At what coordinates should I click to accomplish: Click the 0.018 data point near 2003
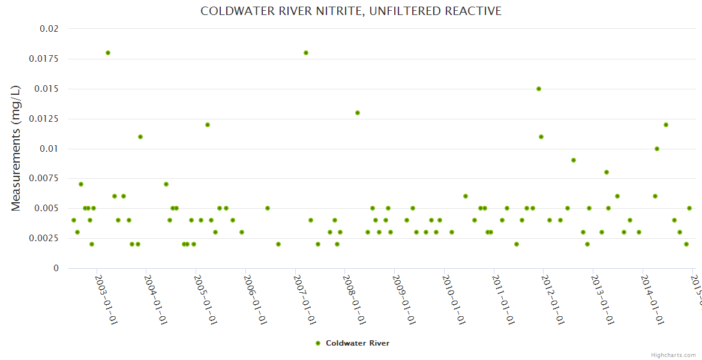point(108,53)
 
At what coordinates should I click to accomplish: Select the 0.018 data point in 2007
point(306,53)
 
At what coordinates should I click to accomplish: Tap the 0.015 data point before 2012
point(539,89)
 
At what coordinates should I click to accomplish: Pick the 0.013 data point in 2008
point(358,113)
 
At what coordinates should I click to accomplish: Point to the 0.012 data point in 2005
point(208,125)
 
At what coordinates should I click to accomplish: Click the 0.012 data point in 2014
point(666,125)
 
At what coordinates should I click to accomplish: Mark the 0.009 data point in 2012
point(574,160)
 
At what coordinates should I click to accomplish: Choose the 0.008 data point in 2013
point(607,172)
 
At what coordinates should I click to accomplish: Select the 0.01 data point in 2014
point(657,149)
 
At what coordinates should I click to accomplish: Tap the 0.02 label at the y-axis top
point(49,29)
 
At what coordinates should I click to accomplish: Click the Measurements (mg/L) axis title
point(16,148)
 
